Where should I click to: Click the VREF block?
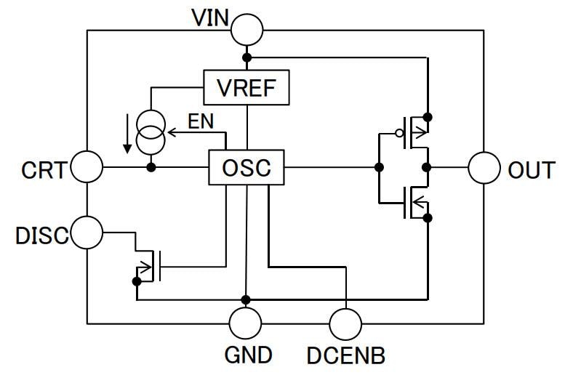coord(247,88)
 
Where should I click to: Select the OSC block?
coord(247,169)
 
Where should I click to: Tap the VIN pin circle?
coord(247,30)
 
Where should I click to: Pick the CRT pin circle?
coord(87,169)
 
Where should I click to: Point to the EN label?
coord(201,121)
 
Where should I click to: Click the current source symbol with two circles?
coord(151,132)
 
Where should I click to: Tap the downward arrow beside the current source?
coord(128,135)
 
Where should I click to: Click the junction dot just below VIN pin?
coord(247,57)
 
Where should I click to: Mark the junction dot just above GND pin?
coord(247,299)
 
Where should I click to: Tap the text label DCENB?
coord(346,355)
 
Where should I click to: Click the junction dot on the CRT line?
coord(151,168)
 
